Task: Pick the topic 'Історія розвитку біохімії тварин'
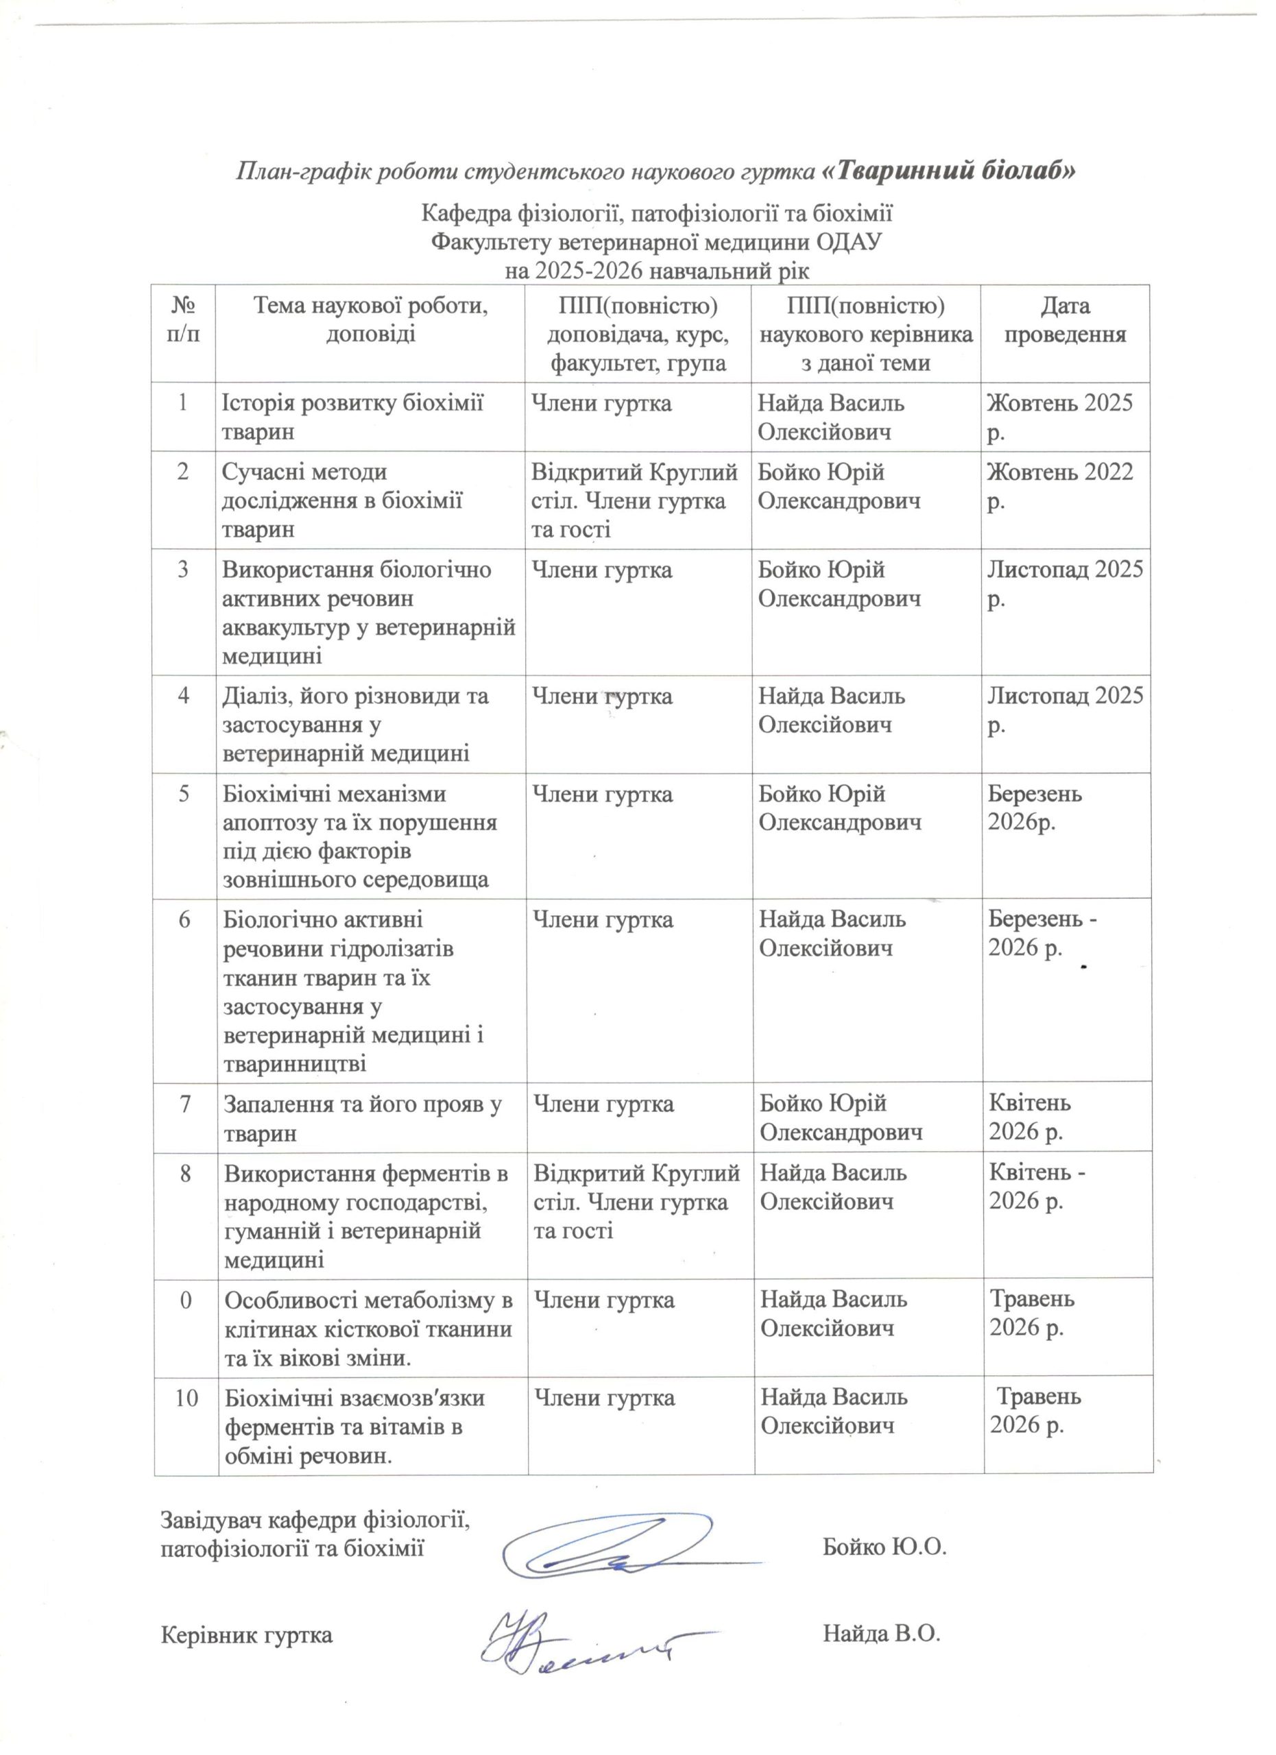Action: tap(353, 417)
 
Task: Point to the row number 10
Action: tap(186, 1398)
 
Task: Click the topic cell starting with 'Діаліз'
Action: tap(356, 725)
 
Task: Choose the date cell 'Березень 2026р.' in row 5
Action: tap(1035, 808)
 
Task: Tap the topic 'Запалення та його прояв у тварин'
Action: tap(362, 1118)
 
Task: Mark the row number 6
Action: tap(184, 920)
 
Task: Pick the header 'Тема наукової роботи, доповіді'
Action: tap(370, 319)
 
